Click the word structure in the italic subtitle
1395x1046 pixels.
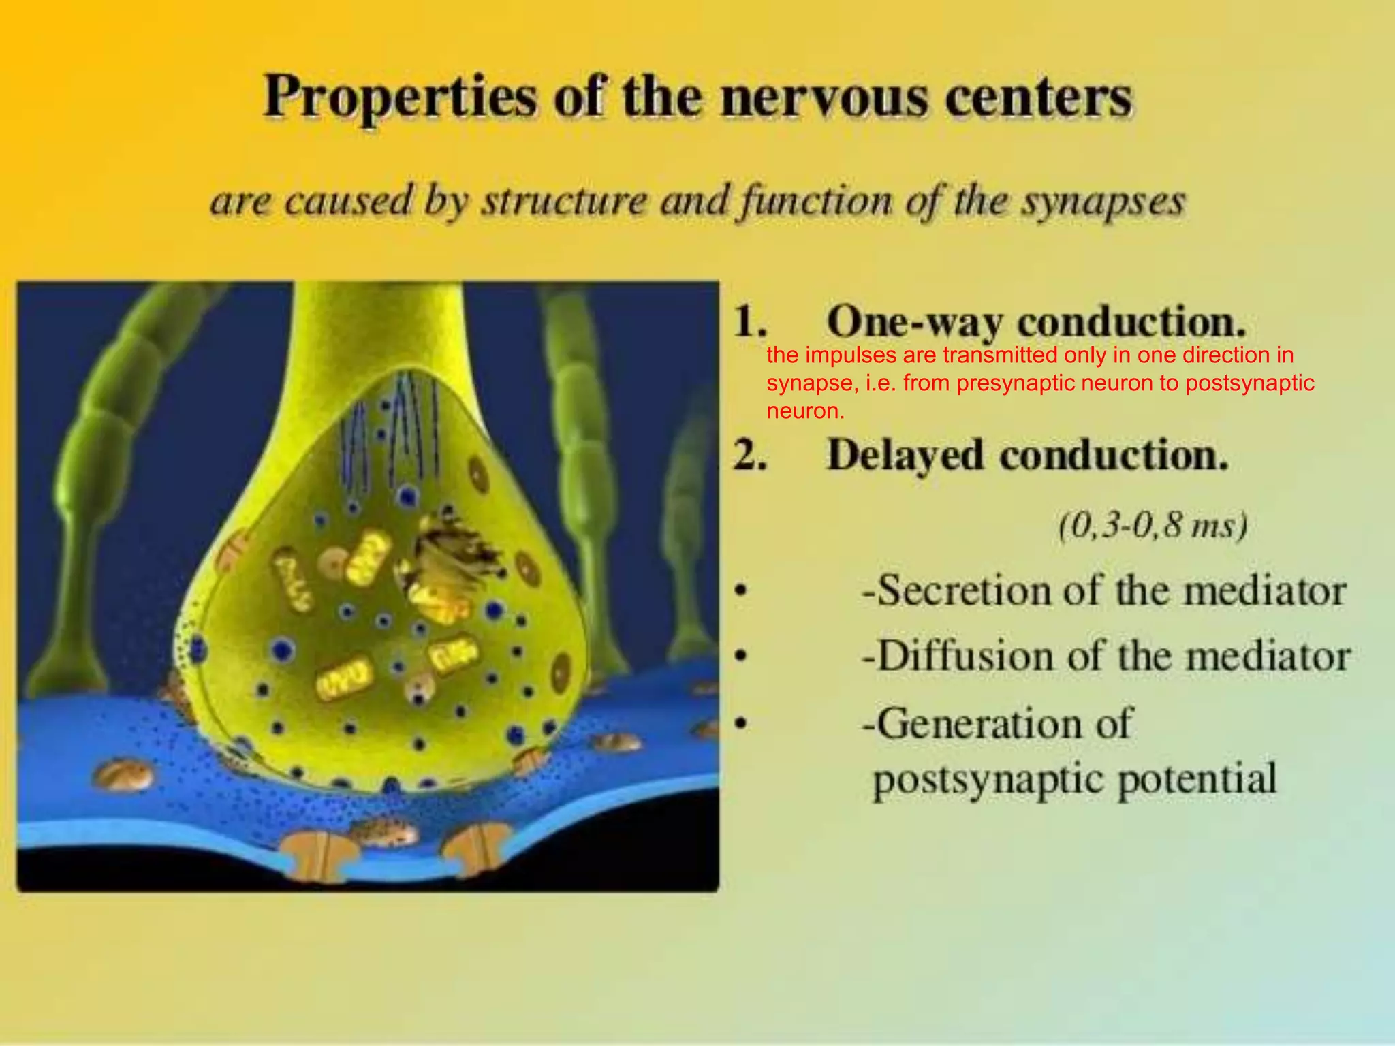click(565, 202)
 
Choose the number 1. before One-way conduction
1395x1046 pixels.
click(750, 321)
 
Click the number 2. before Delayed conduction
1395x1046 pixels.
click(750, 455)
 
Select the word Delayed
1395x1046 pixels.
click(906, 455)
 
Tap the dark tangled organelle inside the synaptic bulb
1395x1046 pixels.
click(450, 558)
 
